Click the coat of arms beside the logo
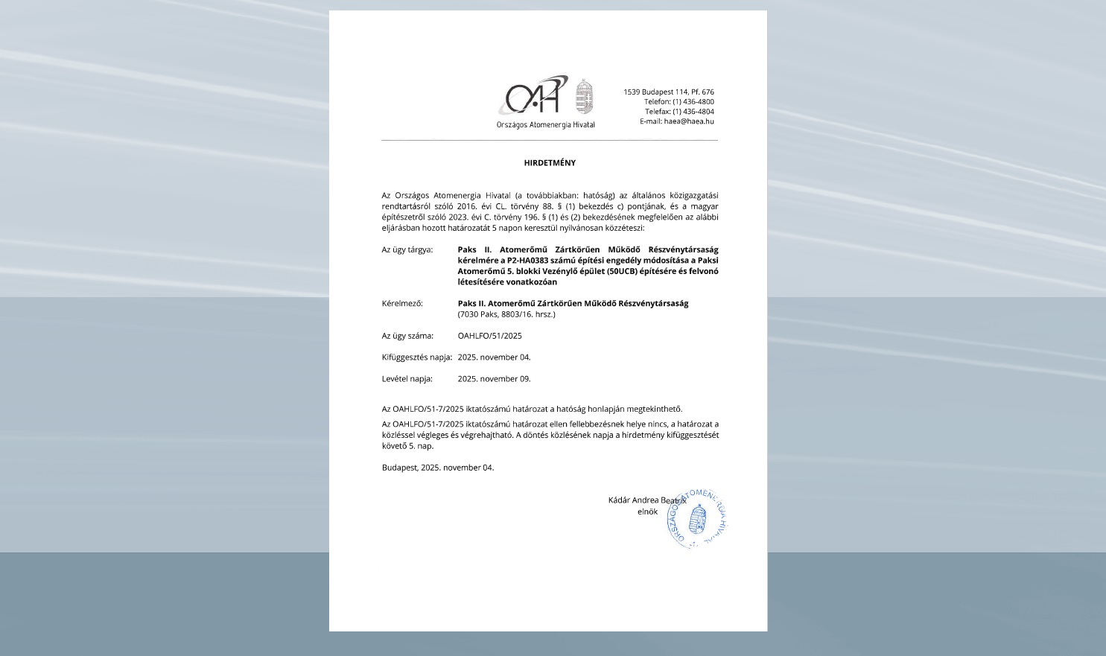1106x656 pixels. pos(585,97)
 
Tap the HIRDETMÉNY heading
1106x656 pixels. pos(550,163)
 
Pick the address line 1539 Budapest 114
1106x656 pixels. pos(668,92)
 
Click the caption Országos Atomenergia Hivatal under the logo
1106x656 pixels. pos(545,125)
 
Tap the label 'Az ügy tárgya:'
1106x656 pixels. pos(407,249)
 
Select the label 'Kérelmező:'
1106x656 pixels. pos(402,304)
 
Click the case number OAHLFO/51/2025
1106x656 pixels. pos(489,336)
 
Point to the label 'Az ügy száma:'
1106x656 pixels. pos(407,336)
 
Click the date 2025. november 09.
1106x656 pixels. pos(494,379)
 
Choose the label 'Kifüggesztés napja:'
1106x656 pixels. pos(416,357)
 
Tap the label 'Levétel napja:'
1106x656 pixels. pos(407,379)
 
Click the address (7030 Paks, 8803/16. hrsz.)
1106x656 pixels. pos(506,314)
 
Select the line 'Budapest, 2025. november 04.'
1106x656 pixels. pos(437,468)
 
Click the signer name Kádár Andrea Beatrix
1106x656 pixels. pos(646,500)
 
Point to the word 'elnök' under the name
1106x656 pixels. pos(647,512)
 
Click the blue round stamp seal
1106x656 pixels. pos(697,519)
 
